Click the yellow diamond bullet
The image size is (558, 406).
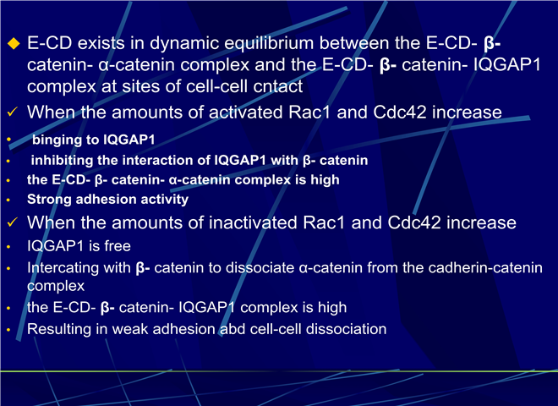[x=14, y=43]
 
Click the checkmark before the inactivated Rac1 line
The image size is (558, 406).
[x=12, y=222]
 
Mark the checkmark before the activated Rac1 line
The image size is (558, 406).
[x=12, y=112]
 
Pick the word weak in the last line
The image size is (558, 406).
[x=130, y=329]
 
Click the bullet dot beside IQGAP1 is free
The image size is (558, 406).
[x=8, y=246]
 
